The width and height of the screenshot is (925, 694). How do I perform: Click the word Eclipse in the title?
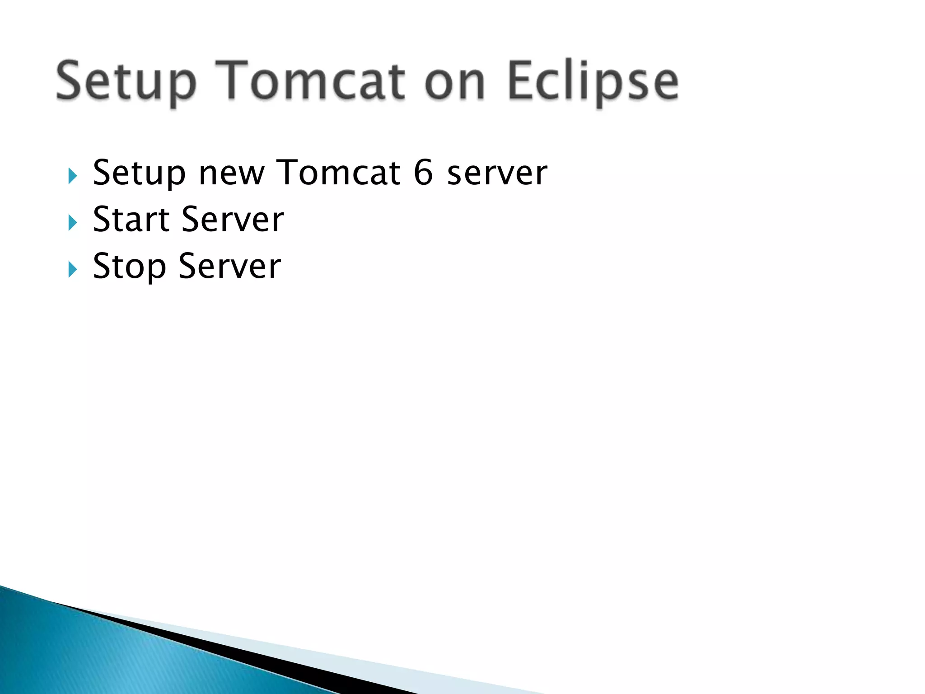(593, 81)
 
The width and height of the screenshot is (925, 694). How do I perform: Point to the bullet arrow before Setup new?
(72, 176)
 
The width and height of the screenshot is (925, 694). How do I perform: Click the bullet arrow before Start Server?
(72, 223)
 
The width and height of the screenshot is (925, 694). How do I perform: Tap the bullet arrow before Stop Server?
(72, 270)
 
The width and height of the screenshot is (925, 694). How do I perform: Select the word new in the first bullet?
(231, 174)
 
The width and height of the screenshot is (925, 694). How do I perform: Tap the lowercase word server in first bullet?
(497, 174)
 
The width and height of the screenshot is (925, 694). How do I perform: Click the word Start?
(131, 220)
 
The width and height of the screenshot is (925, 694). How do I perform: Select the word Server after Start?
(233, 220)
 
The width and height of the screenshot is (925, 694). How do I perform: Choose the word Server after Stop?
(229, 267)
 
